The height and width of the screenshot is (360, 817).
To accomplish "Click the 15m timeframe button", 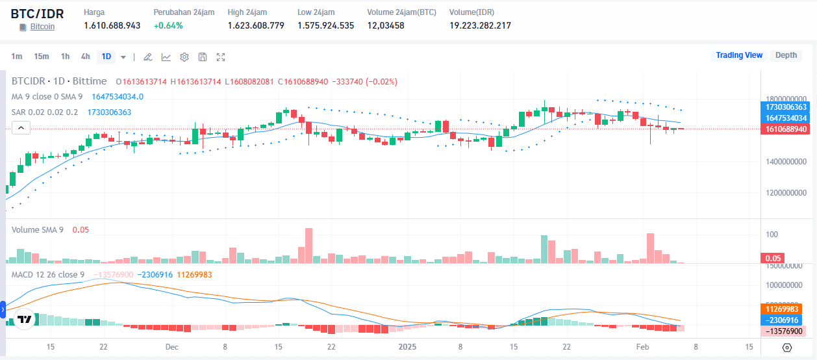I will [x=42, y=57].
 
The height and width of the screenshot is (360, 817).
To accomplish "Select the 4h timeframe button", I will [x=85, y=57].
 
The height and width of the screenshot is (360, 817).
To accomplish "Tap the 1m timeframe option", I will [x=17, y=57].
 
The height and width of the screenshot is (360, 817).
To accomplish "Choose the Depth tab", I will [x=786, y=55].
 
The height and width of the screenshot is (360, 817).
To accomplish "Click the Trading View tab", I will [x=738, y=55].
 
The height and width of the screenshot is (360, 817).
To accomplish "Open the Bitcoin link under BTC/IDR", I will [x=42, y=27].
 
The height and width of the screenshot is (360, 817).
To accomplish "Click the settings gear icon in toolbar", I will [x=184, y=57].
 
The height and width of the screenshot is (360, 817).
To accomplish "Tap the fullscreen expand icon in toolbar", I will [x=221, y=57].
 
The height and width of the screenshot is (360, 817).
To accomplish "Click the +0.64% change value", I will [x=168, y=25].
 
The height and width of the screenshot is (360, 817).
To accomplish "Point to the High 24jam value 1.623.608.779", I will [x=256, y=25].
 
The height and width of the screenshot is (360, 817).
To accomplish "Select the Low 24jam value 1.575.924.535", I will [x=325, y=25].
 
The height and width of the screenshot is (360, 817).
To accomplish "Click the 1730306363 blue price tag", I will [x=786, y=107].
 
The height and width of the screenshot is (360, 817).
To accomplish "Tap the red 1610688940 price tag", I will [x=786, y=129].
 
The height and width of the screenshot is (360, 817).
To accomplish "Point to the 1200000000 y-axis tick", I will [x=786, y=193].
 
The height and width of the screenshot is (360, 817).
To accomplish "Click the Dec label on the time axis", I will [x=171, y=347].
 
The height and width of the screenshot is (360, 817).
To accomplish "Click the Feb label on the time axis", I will [x=643, y=347].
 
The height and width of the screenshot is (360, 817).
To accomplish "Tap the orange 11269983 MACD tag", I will [x=786, y=310].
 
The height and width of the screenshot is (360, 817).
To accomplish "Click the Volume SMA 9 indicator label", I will [x=38, y=229].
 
